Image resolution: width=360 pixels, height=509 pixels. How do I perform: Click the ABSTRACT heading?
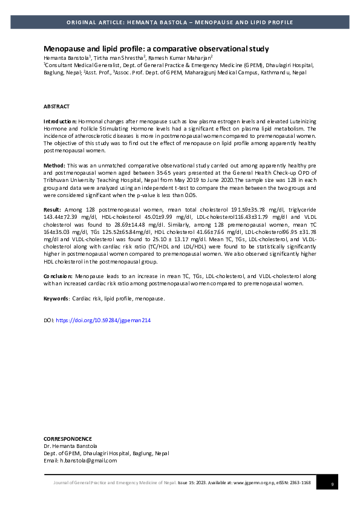click(x=56, y=106)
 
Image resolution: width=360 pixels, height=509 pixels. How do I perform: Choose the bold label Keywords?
click(x=56, y=299)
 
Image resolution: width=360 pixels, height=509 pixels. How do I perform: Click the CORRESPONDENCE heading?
click(x=68, y=439)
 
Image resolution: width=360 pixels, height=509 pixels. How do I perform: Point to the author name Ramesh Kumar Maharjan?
click(x=180, y=57)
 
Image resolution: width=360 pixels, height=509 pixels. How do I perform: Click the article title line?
click(x=156, y=48)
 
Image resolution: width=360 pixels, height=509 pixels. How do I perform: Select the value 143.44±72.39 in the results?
click(x=61, y=215)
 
